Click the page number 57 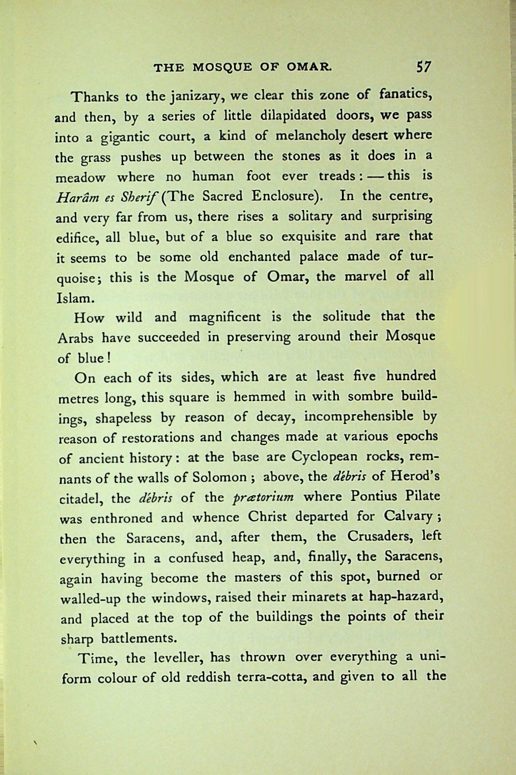423,67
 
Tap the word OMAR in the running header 309,68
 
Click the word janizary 191,97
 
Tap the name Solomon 220,478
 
